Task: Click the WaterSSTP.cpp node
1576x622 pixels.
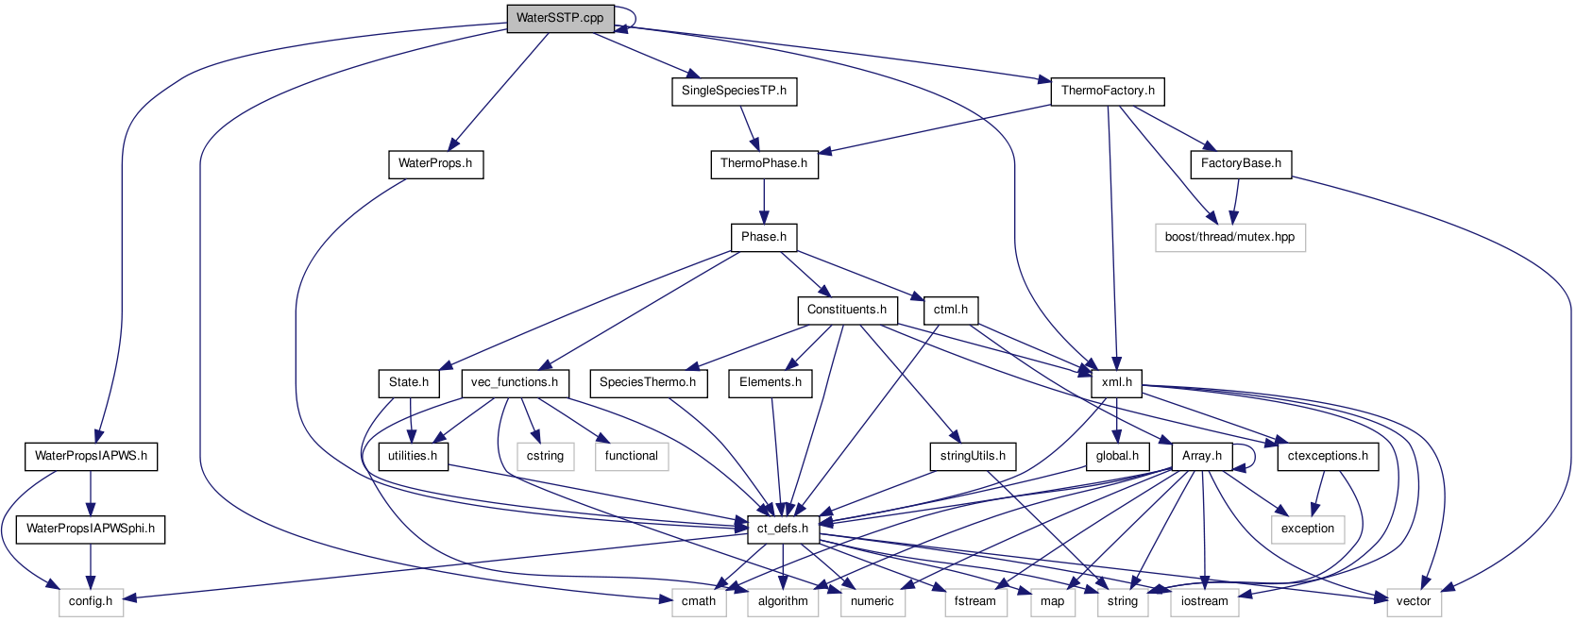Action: pos(560,18)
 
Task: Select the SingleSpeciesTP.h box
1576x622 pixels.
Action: pos(734,91)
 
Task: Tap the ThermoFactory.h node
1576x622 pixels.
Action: pos(1108,91)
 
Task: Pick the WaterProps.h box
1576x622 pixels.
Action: pos(435,163)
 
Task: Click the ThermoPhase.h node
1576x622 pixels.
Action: pos(764,163)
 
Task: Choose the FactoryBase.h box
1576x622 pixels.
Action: pos(1241,163)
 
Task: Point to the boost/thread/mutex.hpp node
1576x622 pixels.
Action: pos(1229,237)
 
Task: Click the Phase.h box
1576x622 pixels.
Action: pos(764,237)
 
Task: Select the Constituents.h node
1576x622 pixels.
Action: pos(847,310)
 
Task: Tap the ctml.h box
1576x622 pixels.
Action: pos(951,310)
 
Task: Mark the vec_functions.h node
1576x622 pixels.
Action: pos(515,382)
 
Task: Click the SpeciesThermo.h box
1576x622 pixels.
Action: pos(648,382)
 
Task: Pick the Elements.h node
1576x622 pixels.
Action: pos(771,382)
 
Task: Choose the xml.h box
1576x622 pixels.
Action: pos(1117,382)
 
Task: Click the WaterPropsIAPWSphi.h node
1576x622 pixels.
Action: pos(91,529)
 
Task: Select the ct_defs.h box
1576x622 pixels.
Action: pos(783,529)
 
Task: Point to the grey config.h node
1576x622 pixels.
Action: pos(91,601)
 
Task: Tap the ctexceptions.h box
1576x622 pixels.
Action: pos(1328,456)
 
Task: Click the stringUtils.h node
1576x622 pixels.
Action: pos(973,456)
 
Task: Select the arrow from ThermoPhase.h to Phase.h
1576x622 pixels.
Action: pos(764,200)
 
